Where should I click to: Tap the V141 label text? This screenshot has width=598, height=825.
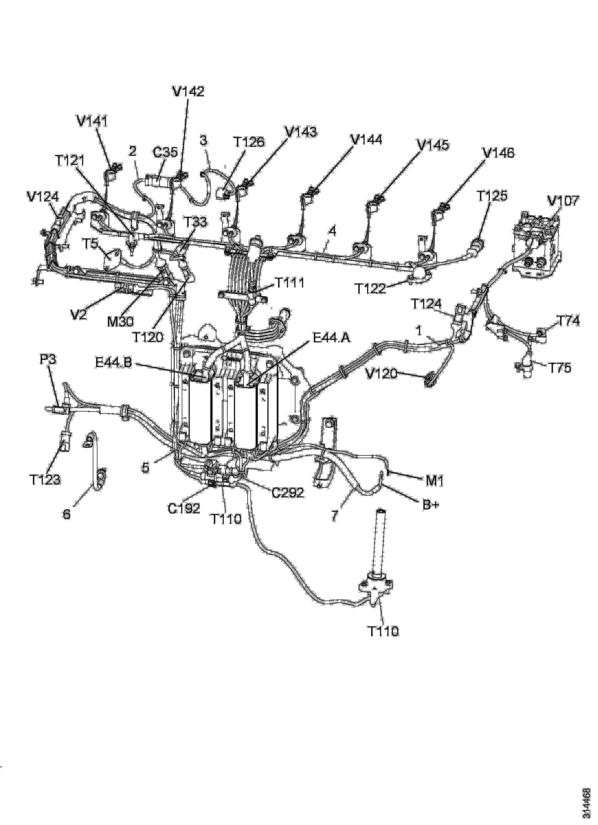pyautogui.click(x=93, y=121)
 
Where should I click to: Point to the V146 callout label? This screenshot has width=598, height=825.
pyautogui.click(x=499, y=153)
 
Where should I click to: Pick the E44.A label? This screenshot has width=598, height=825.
pyautogui.click(x=332, y=338)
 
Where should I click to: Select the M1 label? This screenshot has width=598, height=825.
pyautogui.click(x=435, y=481)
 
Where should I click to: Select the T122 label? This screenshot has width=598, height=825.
pyautogui.click(x=370, y=288)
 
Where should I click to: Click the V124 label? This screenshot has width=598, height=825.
pyautogui.click(x=43, y=197)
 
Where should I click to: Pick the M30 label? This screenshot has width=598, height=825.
pyautogui.click(x=120, y=321)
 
